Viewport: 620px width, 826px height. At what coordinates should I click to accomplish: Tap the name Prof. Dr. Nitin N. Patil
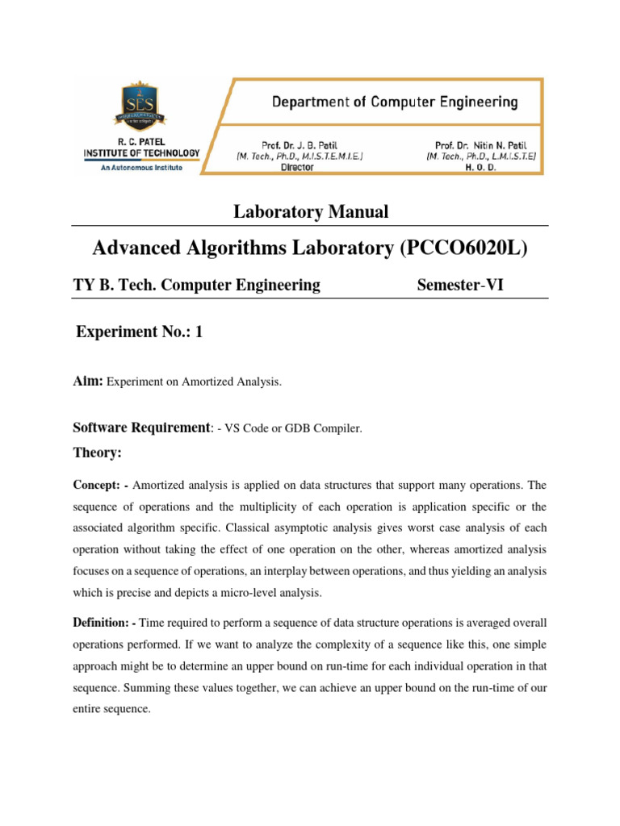480,145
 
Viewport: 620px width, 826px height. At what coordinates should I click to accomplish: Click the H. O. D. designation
480,168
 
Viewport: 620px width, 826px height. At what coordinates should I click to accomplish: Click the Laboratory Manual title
311,212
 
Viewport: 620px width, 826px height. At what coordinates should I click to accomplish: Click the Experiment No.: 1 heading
138,332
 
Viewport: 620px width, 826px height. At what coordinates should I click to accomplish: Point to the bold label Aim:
88,382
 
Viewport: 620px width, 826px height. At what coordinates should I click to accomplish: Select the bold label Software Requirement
140,428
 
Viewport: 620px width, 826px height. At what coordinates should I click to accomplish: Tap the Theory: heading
97,453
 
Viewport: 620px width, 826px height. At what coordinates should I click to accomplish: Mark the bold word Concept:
98,485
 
